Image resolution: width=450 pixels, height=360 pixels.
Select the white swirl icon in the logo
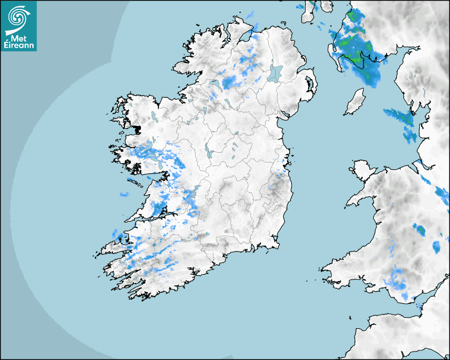(17, 18)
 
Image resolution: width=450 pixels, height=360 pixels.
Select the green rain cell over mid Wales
(420, 230)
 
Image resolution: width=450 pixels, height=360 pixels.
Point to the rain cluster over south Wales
(397, 281)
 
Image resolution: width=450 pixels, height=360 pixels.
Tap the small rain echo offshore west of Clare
(124, 194)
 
